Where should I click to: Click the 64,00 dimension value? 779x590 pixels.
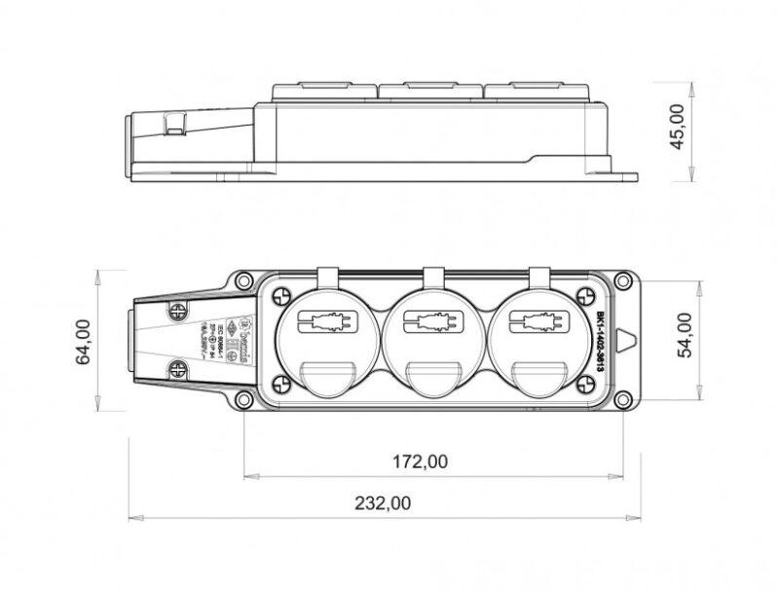tap(84, 342)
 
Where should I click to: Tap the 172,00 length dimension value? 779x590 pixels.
tap(422, 461)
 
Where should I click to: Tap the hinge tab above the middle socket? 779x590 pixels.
tap(432, 278)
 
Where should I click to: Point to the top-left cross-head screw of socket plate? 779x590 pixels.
tap(282, 296)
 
